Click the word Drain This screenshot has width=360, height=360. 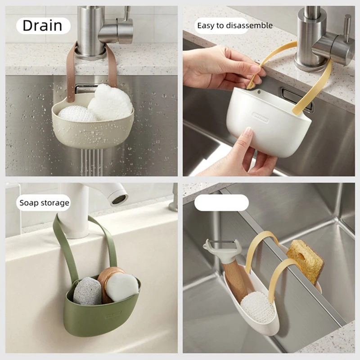point(42,26)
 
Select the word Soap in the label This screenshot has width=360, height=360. point(27,203)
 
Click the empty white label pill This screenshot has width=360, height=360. point(221,203)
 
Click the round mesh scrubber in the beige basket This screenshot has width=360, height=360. point(76,114)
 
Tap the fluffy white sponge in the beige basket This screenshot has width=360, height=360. point(110,102)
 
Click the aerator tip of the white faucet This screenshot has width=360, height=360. point(119,199)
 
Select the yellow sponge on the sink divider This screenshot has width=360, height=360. point(306,261)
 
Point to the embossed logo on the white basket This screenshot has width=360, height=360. point(261,117)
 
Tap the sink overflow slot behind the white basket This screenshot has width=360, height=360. point(296,99)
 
